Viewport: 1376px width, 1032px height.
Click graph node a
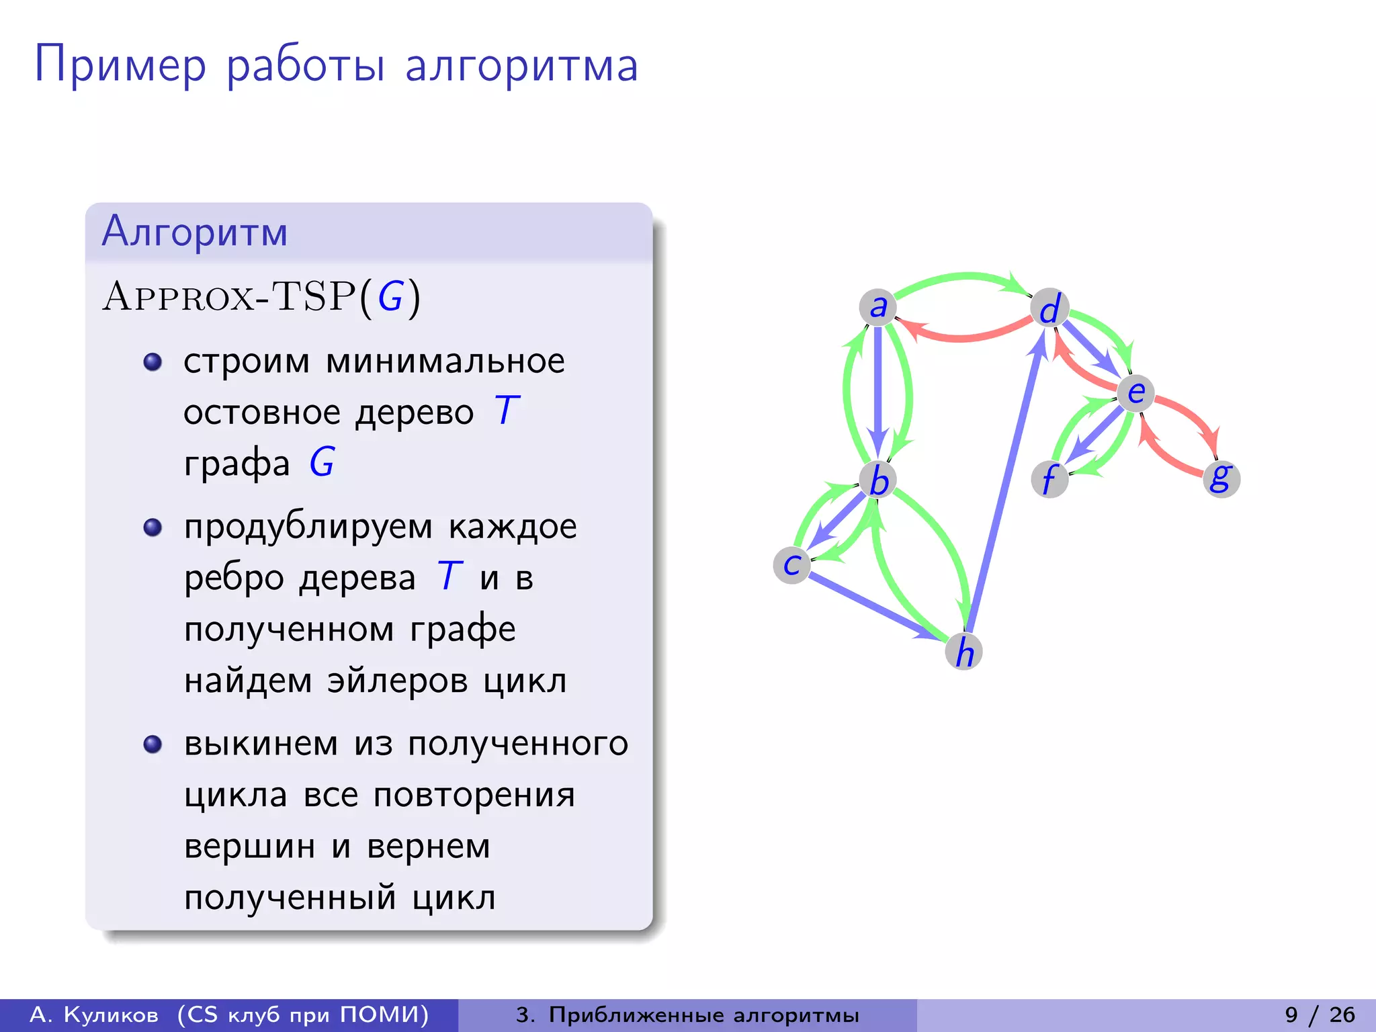coord(877,307)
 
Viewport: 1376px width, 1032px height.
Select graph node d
coord(1049,308)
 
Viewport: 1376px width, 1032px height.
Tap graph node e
coord(1135,392)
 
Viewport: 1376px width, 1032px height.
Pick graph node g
coord(1221,478)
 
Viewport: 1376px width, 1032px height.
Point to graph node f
coord(1049,479)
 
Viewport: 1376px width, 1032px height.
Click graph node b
coord(877,480)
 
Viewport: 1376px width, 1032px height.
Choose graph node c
coord(792,564)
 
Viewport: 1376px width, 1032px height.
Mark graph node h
coord(963,651)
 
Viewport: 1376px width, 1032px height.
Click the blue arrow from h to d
coord(1004,484)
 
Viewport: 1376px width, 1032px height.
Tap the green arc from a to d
coord(964,276)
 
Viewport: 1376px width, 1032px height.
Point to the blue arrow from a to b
coord(877,390)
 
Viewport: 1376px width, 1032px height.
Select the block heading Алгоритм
coord(195,232)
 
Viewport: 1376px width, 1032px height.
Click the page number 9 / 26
coord(1320,1015)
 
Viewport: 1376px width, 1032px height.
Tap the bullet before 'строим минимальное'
coord(153,362)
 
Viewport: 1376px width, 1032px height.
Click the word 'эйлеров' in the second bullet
coord(396,681)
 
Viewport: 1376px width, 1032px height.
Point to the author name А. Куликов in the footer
coord(94,1015)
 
